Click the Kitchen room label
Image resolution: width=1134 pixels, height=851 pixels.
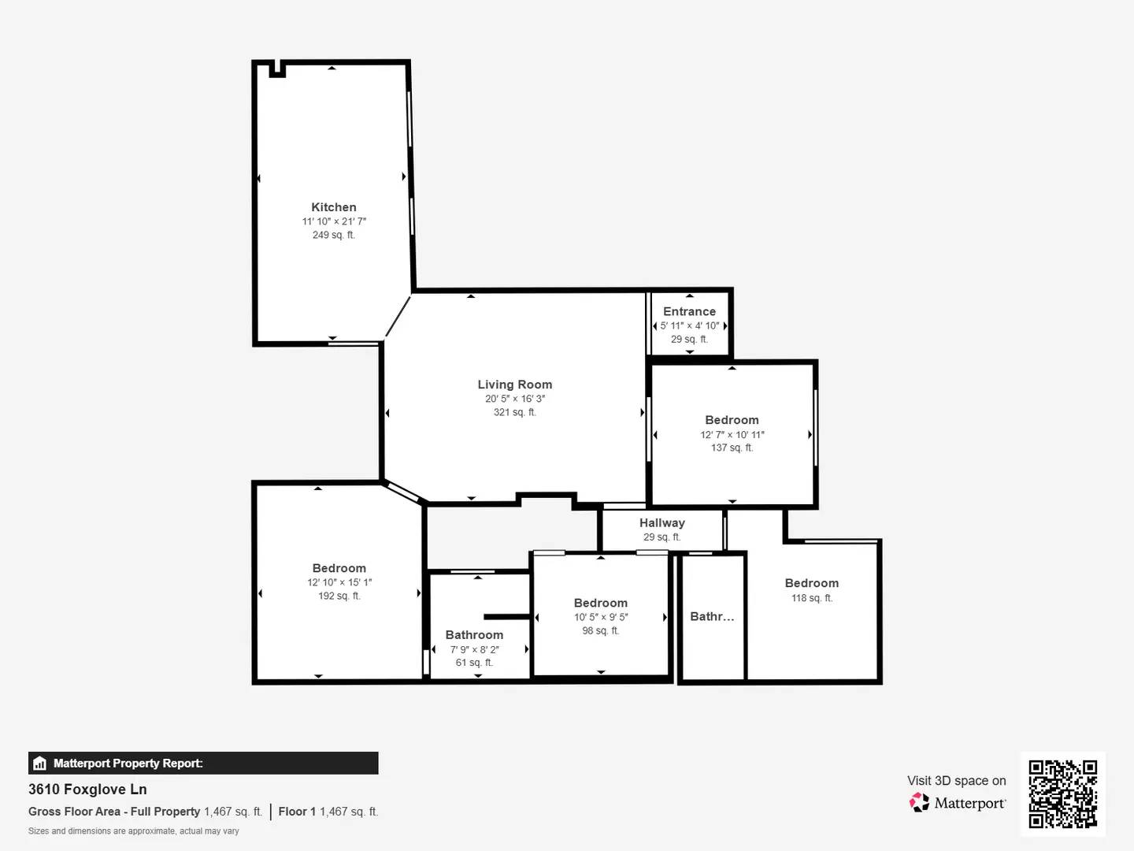pos(334,207)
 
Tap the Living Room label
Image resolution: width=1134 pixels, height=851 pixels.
pos(514,385)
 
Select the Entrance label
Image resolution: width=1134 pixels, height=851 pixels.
pos(689,311)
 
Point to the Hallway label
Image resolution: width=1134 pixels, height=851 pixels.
pos(661,523)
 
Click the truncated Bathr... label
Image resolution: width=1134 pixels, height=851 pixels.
pos(712,616)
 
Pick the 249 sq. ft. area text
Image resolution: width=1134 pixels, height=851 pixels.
pos(334,235)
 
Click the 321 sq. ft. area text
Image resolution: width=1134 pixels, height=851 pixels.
pos(514,412)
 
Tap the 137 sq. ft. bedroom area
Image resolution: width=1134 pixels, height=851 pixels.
pos(732,448)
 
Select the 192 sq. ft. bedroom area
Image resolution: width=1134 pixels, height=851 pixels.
pos(339,596)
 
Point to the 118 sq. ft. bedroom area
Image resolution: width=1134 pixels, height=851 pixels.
pos(812,598)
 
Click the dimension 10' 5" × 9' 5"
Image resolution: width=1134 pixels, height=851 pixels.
pos(600,617)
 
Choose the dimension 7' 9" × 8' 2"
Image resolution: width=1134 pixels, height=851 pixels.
pos(474,649)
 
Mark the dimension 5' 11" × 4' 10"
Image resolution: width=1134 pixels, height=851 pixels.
pos(689,325)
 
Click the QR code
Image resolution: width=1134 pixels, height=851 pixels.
pos(1062,794)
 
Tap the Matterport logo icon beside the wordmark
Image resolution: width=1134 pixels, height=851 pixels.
pos(919,802)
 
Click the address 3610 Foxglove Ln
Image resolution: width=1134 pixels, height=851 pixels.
pos(87,789)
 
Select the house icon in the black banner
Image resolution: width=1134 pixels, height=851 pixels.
pos(40,764)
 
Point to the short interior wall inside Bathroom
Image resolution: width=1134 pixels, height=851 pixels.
pos(507,617)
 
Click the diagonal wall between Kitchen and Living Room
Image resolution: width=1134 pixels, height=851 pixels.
pos(398,316)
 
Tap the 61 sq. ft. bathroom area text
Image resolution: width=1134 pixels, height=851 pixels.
pos(474,663)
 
